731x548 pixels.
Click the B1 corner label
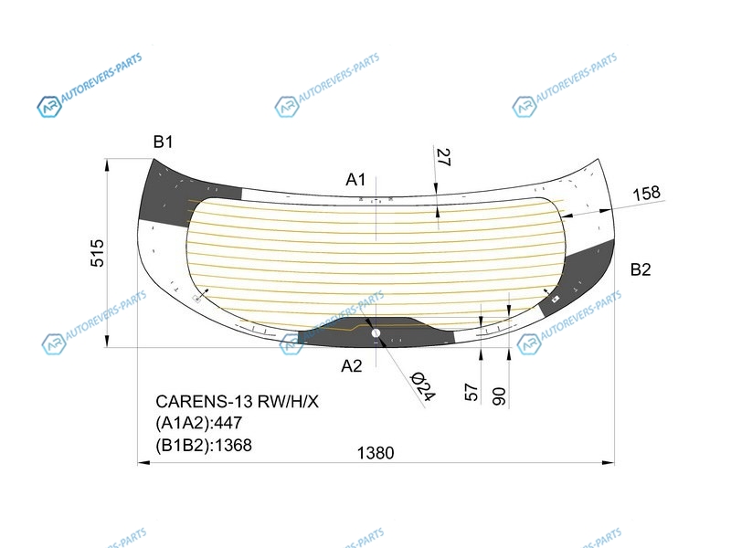point(163,142)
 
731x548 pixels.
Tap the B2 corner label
point(641,269)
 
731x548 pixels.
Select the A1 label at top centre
point(355,179)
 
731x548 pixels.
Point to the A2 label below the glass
point(352,366)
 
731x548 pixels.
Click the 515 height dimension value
point(97,253)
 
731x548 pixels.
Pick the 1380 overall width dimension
point(376,452)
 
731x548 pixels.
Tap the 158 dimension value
point(646,193)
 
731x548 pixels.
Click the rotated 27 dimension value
point(443,157)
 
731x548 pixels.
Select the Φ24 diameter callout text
point(422,386)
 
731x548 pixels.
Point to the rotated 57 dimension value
point(471,393)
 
